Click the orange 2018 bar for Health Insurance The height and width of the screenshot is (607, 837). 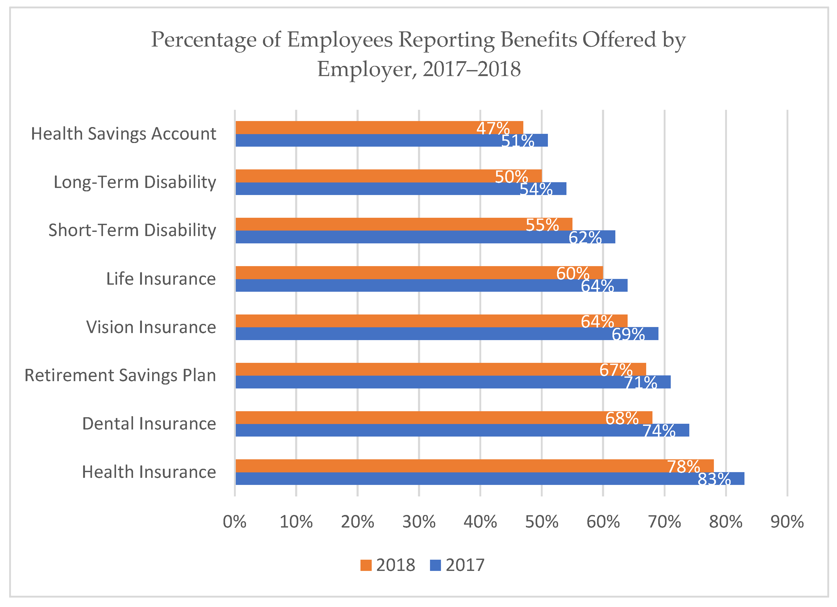443,466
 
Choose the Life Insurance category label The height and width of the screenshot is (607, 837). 161,279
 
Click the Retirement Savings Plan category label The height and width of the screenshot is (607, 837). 120,375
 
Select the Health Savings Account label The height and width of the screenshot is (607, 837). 123,134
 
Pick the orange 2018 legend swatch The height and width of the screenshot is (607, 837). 366,565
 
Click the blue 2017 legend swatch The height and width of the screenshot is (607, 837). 435,565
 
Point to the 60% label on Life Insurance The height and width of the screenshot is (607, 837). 572,273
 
